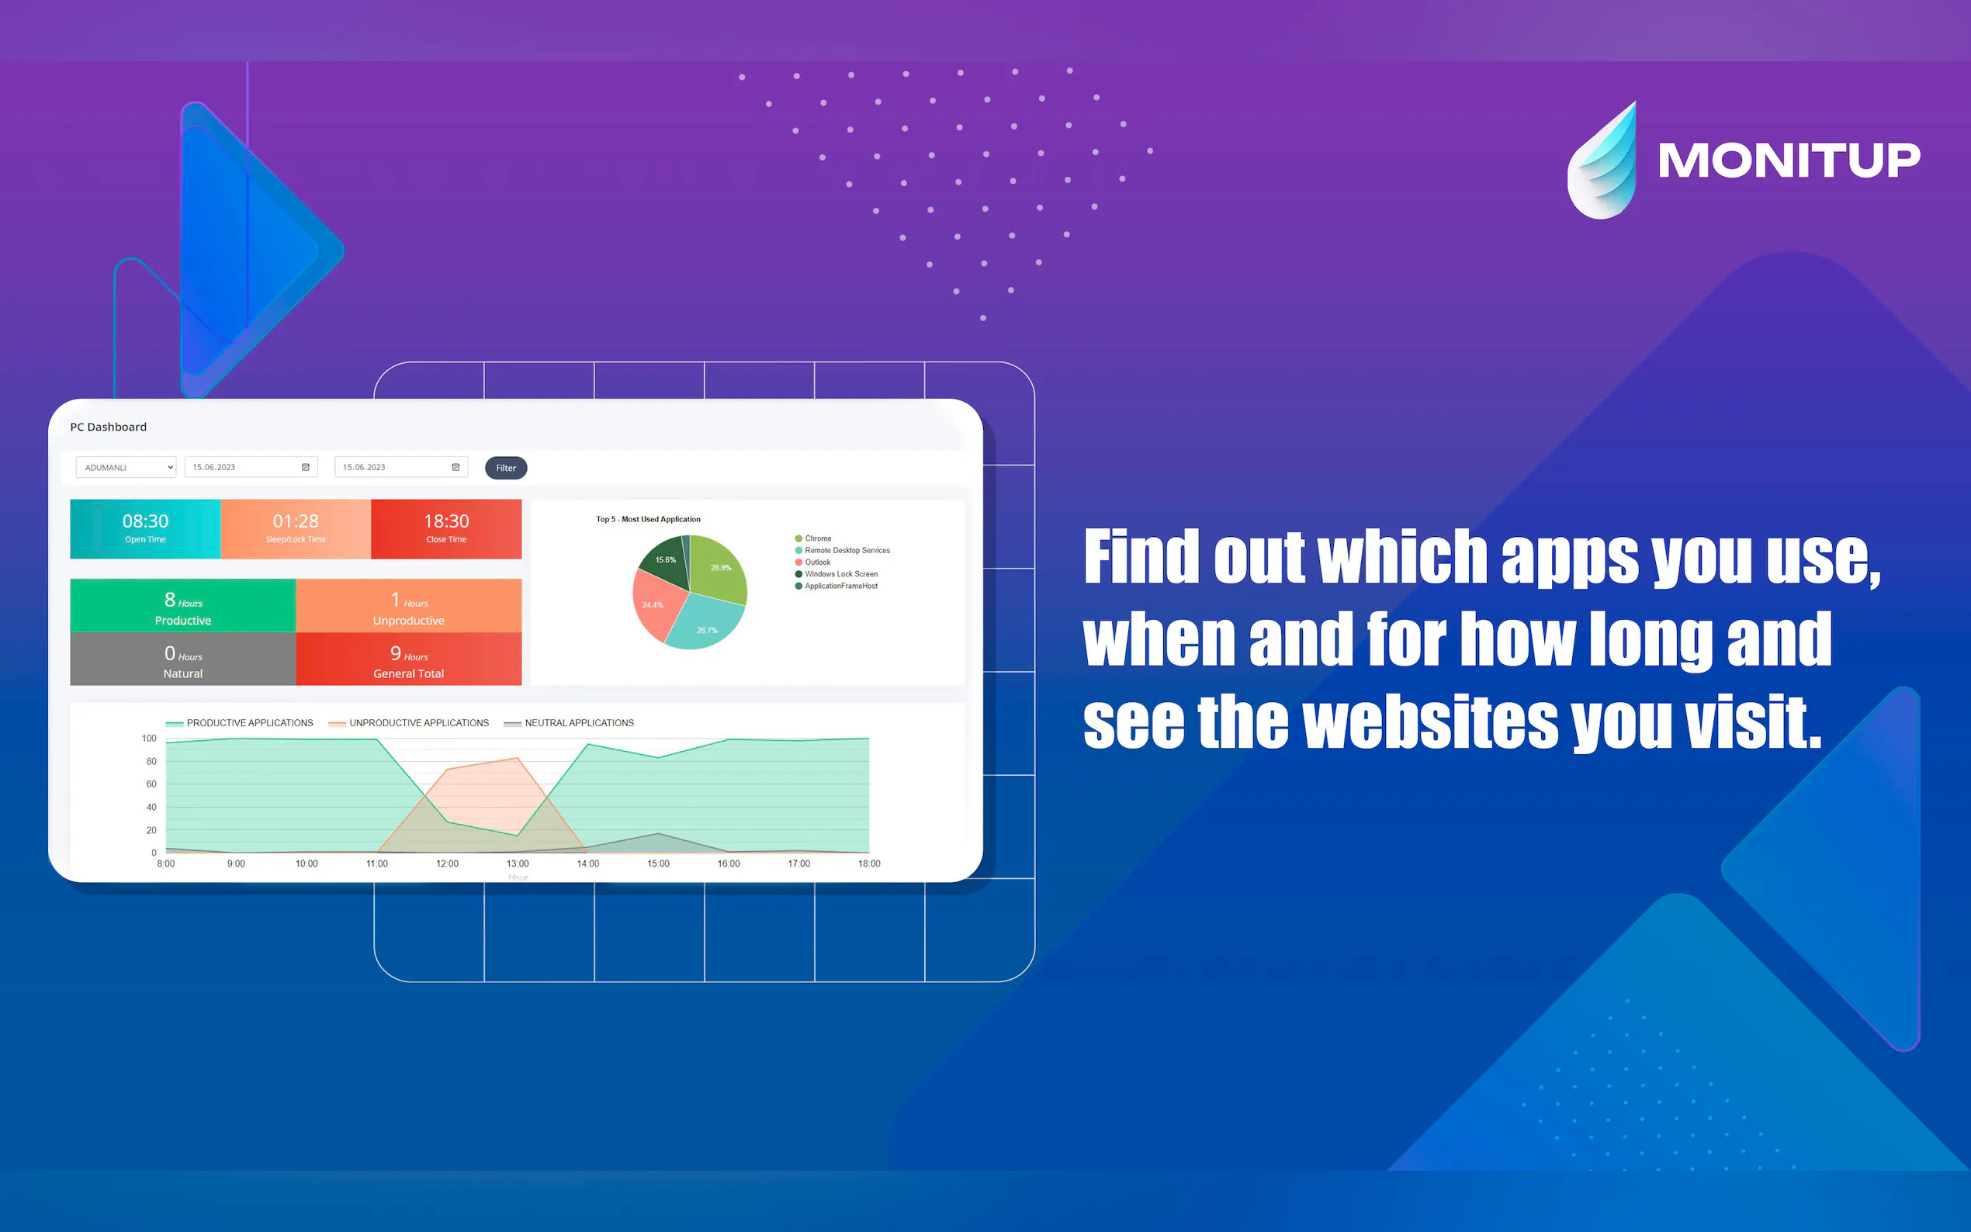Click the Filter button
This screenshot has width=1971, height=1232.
(x=506, y=468)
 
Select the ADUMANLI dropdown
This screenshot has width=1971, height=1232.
(x=126, y=467)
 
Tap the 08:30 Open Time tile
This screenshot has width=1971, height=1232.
(x=145, y=529)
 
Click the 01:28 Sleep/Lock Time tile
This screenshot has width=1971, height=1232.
(x=296, y=529)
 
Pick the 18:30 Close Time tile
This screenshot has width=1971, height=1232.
(x=446, y=529)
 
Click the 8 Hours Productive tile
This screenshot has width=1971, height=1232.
(x=183, y=605)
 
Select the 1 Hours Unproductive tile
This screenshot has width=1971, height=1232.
(x=409, y=605)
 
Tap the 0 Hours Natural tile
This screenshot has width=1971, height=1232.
(x=183, y=659)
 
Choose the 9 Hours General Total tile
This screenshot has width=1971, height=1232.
(x=409, y=659)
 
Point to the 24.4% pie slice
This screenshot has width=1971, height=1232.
(x=656, y=605)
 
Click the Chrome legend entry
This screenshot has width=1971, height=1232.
(x=813, y=538)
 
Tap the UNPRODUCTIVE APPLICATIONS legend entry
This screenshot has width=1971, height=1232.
(x=409, y=723)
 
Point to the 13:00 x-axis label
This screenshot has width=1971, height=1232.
(x=518, y=863)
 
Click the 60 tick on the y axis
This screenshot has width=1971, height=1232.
(x=151, y=784)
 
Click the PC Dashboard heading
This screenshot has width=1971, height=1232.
(x=109, y=427)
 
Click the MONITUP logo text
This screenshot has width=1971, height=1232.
(x=1789, y=160)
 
